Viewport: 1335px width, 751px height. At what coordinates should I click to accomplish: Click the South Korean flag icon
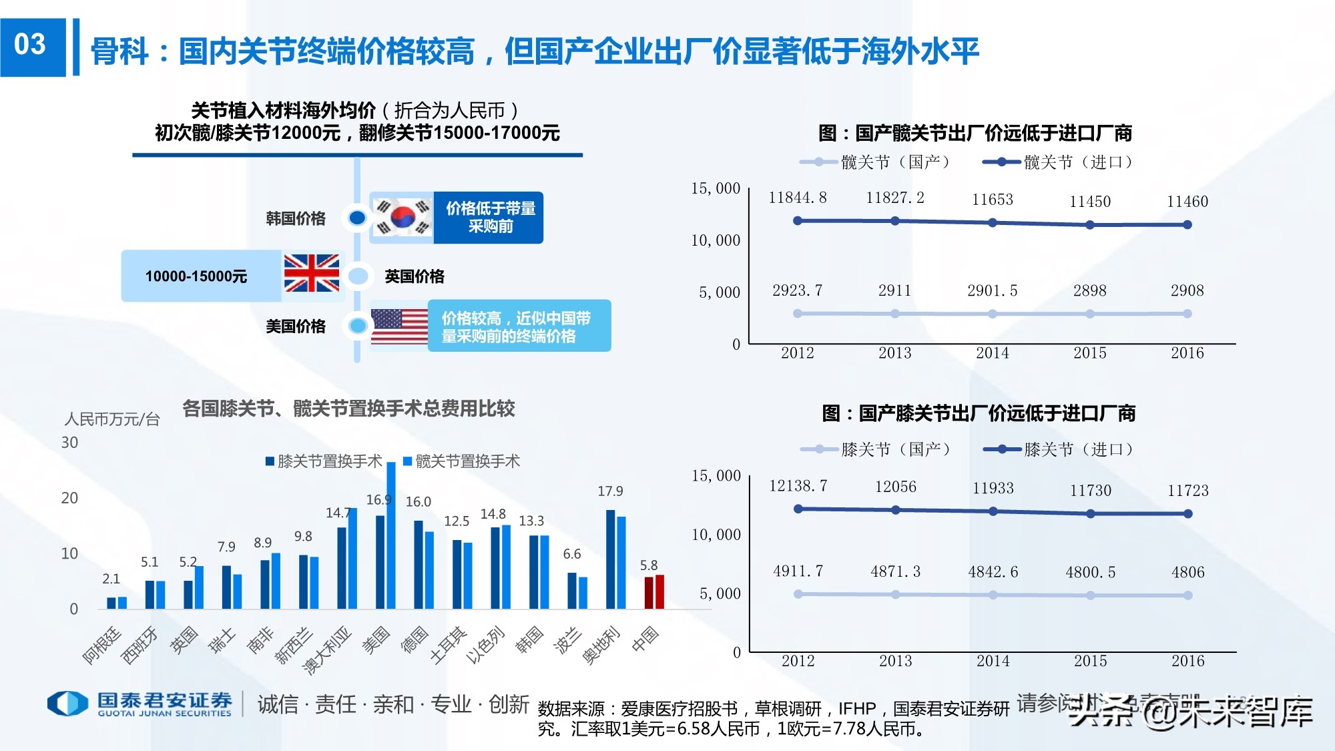(x=402, y=217)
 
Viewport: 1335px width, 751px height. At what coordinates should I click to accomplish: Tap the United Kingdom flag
(x=311, y=274)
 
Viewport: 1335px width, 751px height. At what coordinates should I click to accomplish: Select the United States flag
(x=399, y=326)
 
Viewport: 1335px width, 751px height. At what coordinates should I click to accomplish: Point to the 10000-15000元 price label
(x=196, y=276)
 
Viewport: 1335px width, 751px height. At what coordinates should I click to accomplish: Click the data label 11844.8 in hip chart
(x=797, y=198)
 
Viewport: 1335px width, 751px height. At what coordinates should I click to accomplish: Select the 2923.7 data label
(x=797, y=290)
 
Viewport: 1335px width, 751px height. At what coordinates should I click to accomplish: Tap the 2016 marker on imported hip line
(x=1187, y=225)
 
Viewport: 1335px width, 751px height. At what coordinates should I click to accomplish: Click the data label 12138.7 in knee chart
(x=798, y=486)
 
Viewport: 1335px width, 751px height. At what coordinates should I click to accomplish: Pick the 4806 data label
(x=1187, y=572)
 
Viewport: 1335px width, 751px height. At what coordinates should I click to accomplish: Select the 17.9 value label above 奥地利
(x=610, y=491)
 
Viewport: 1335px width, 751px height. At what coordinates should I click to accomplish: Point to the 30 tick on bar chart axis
(x=69, y=443)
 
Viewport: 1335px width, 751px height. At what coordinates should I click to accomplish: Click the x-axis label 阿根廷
(x=102, y=646)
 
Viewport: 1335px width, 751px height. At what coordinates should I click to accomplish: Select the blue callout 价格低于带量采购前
(x=490, y=218)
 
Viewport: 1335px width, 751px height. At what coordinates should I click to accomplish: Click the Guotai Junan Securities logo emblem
(x=67, y=704)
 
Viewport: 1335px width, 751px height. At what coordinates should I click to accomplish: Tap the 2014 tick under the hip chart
(x=992, y=353)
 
